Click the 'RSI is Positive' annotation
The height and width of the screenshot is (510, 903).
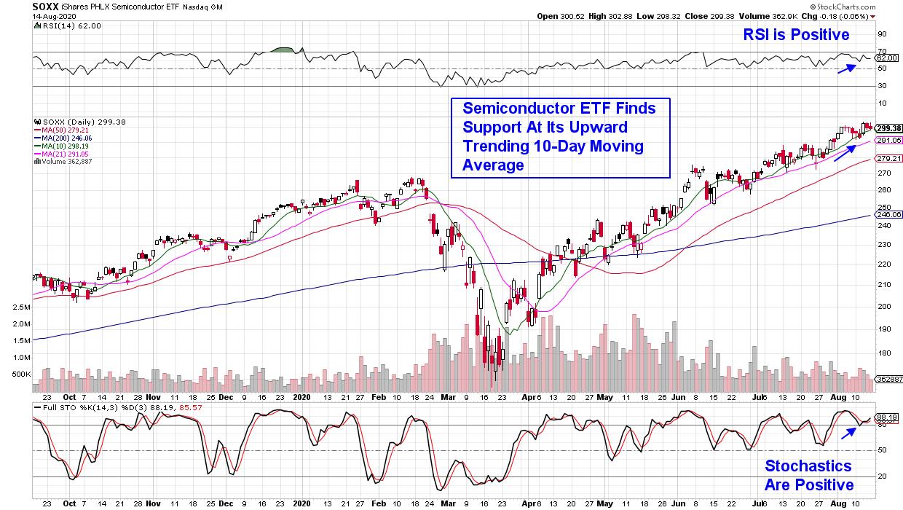click(x=794, y=34)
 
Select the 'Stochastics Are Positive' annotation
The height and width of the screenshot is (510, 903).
click(x=808, y=476)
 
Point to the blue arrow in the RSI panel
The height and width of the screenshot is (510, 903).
click(x=845, y=68)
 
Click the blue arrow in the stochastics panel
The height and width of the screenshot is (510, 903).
click(x=847, y=432)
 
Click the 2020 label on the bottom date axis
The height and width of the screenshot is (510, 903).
click(x=301, y=502)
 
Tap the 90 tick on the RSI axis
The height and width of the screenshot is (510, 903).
click(x=881, y=34)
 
